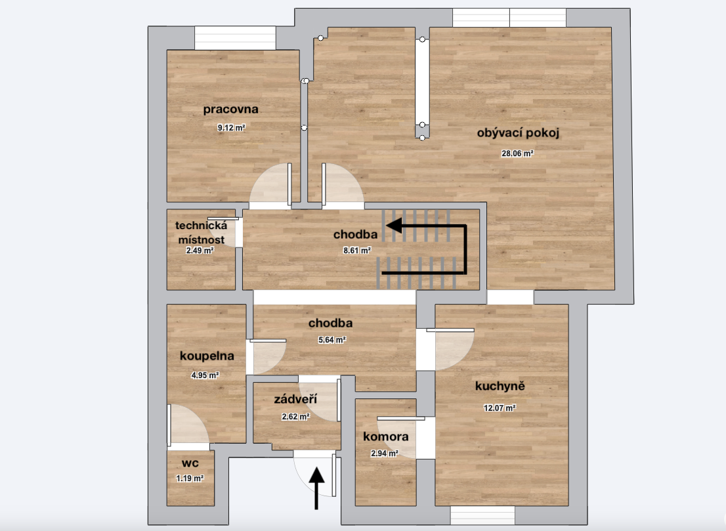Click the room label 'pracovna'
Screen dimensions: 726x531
[x=230, y=110]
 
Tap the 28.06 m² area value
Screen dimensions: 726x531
[x=517, y=153]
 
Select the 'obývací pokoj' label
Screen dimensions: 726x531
[x=518, y=133]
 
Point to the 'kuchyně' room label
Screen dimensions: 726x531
[x=500, y=386]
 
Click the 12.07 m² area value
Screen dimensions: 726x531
[x=500, y=408]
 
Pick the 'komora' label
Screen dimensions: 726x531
[x=386, y=436]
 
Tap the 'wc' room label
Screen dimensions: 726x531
[x=190, y=463]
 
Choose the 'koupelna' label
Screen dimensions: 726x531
[x=207, y=356]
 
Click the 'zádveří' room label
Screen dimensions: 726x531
[x=295, y=399]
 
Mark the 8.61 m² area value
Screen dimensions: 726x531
[x=357, y=251]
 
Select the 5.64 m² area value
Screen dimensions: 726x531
[x=332, y=340]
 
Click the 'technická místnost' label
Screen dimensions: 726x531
[x=202, y=232]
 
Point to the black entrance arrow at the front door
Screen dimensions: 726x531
[x=316, y=488]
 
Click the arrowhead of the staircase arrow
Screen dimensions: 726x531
[x=394, y=226]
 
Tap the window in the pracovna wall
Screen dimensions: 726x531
[x=235, y=38]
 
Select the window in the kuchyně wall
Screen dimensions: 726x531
[x=482, y=515]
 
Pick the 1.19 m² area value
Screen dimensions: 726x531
[x=190, y=478]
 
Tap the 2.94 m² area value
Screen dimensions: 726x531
[x=384, y=454]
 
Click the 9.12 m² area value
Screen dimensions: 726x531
[x=232, y=128]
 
